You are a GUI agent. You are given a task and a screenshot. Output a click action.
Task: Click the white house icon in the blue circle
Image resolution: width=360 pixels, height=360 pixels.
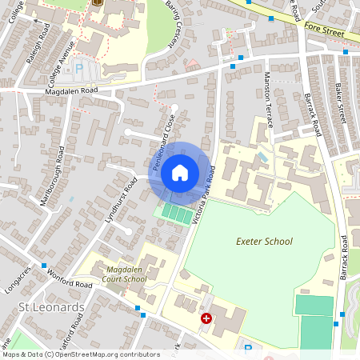tap(180, 172)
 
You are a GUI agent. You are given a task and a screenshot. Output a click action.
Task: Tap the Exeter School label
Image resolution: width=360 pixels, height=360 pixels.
tap(264, 241)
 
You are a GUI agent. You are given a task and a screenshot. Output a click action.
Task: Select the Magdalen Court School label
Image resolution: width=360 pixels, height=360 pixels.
tap(126, 274)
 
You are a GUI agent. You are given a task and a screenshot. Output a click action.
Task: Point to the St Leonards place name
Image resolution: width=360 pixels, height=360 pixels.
tap(50, 307)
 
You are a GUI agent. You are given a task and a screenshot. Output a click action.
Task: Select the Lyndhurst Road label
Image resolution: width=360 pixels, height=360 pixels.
tap(121, 200)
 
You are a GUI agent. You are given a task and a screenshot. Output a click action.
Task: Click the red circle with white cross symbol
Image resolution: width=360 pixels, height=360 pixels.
tap(206, 318)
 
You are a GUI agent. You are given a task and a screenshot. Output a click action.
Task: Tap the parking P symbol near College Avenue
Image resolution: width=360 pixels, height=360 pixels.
tap(78, 69)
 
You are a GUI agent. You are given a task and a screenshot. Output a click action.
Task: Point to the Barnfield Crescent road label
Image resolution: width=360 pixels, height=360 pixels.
tap(174, 26)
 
